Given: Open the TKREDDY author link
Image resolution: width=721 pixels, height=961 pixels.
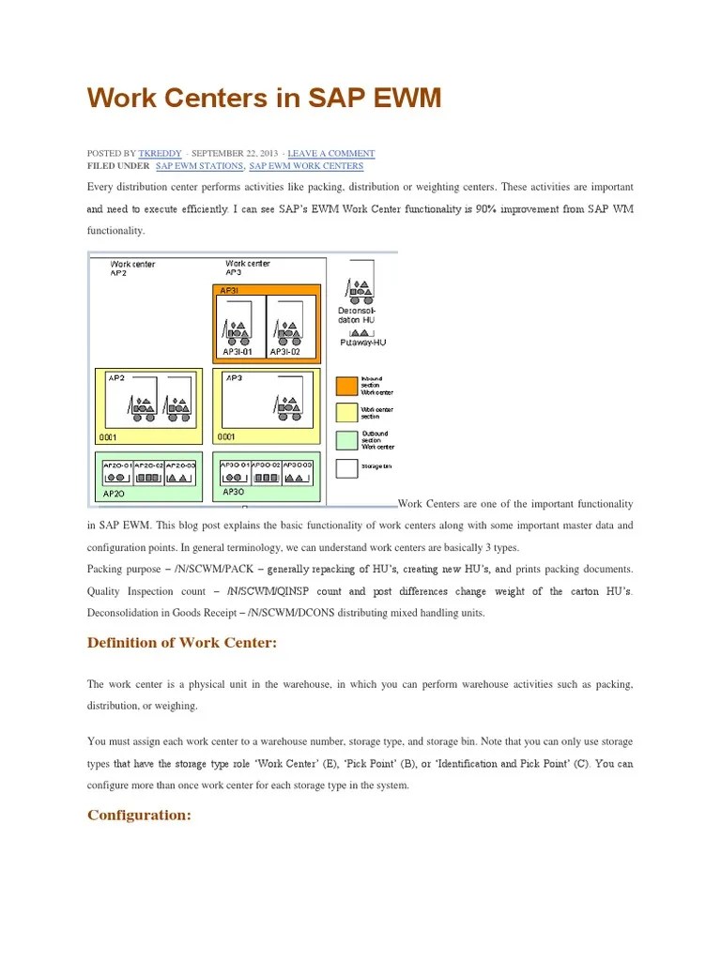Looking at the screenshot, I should coord(161,153).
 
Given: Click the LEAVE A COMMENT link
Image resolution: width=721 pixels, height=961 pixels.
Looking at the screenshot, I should coord(330,153).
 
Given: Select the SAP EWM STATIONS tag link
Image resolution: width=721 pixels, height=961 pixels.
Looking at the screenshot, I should coord(199,166).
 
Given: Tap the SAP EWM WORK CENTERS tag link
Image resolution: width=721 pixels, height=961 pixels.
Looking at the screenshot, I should coord(306,166).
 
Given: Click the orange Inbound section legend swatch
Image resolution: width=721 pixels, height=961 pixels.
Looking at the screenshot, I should coord(346,385).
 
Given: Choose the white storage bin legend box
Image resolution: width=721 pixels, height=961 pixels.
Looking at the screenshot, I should coord(346,466).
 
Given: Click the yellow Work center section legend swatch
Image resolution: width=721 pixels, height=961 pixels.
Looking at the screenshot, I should coord(346,412).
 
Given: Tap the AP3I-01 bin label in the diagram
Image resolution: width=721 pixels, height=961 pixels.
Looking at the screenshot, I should coord(238,352).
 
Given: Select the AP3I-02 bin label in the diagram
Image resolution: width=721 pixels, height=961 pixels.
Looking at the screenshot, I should coord(284,352).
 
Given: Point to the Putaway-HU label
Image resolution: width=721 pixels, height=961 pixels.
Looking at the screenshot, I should coord(362,343).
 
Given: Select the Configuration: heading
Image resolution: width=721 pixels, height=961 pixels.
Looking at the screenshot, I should coord(139,815).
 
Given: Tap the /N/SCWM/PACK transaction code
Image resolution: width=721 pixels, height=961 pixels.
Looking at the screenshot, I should coord(212,570).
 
